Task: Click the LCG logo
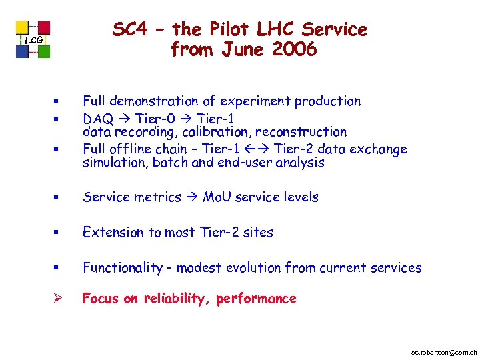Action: tap(33, 40)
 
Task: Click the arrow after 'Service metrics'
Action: tap(191, 197)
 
